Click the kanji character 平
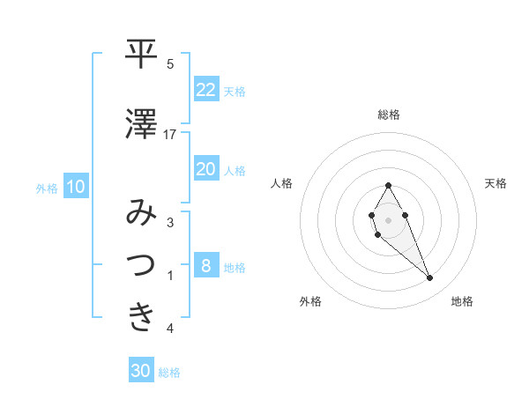pos(142,55)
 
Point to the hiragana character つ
pos(142,266)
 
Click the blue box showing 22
pos(205,90)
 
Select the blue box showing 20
pos(205,169)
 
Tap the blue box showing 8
pos(205,266)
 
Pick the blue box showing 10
pos(76,187)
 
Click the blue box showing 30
pos(140,372)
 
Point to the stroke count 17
pos(170,135)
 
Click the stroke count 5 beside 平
pos(170,64)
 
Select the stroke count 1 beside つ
pos(170,276)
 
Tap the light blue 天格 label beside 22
pos(235,91)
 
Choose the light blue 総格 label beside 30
pos(169,373)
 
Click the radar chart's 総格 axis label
pos(389,115)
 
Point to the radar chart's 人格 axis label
pos(281,183)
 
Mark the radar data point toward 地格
pos(429,278)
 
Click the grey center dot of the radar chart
pos(388,218)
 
